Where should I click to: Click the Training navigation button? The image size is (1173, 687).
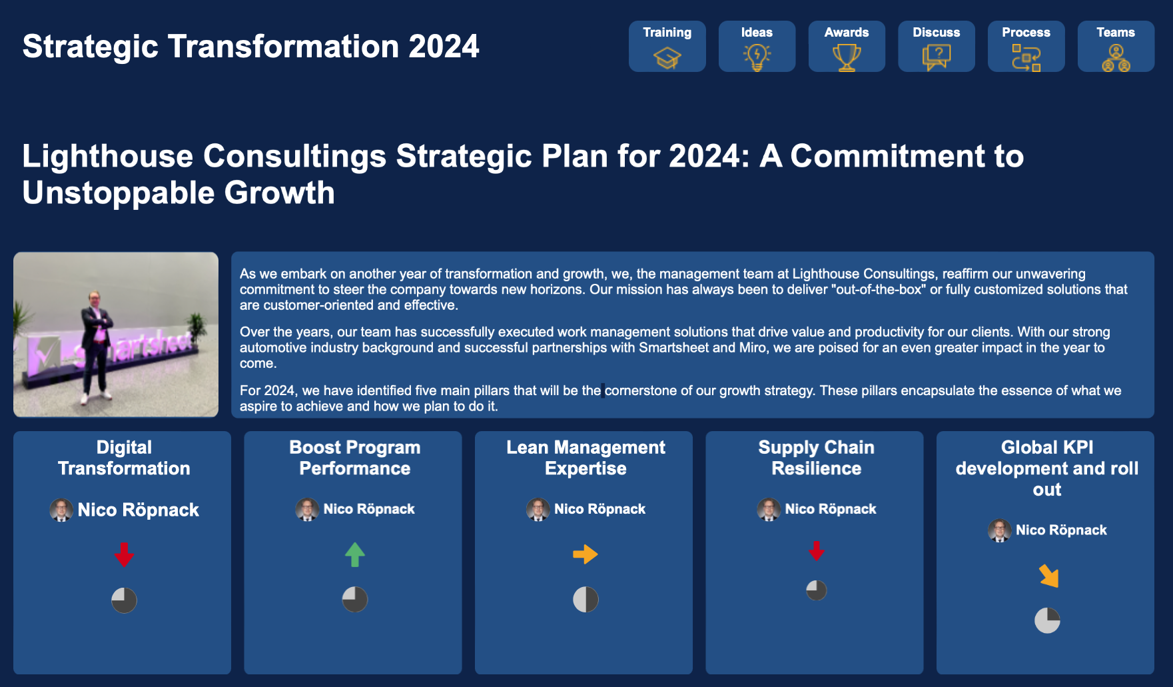(667, 46)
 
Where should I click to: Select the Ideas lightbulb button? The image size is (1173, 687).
(757, 46)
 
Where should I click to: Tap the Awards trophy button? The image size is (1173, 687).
(847, 46)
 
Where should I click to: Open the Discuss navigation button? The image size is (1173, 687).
(936, 46)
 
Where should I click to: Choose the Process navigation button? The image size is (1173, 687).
(1026, 46)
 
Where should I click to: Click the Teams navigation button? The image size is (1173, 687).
(1116, 46)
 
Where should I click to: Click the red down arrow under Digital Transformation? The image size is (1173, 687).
(124, 554)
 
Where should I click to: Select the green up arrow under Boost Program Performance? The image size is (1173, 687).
(355, 554)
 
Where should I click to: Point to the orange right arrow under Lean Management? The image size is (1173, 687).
(586, 554)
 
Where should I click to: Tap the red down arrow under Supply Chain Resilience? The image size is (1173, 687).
(817, 550)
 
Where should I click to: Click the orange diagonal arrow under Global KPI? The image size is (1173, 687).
(1049, 576)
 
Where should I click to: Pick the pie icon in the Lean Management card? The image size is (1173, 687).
(586, 600)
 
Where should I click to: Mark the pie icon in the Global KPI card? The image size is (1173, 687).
(1047, 620)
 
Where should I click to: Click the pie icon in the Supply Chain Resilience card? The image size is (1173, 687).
(817, 590)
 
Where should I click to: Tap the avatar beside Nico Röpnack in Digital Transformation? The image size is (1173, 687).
(61, 510)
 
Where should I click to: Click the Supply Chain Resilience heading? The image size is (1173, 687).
(817, 458)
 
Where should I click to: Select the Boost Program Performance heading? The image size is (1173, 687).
(355, 458)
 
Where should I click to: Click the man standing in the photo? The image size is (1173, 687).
(96, 346)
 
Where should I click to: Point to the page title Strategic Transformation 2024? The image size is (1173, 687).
(250, 47)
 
